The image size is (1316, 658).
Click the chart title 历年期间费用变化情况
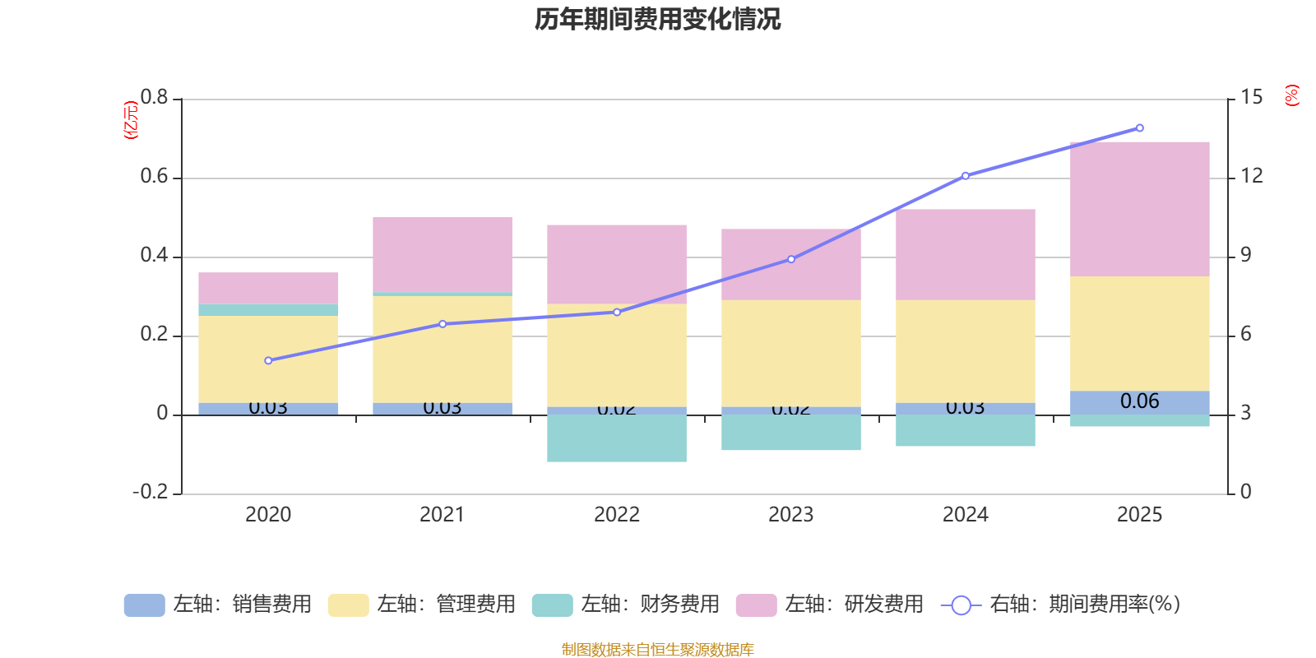657,19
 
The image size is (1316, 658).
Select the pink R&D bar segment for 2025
1139,208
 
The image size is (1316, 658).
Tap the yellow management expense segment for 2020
268,359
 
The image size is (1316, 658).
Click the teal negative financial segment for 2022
616,438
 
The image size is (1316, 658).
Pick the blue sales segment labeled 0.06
1139,402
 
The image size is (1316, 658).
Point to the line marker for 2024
966,176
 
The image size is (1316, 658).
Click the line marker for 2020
268,360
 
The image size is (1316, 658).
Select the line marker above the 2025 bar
1139,128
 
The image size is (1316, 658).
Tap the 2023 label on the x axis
790,515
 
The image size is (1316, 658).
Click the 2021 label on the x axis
442,515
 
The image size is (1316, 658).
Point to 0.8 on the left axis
154,98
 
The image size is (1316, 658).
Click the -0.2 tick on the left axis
150,492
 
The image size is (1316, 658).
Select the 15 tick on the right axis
1251,98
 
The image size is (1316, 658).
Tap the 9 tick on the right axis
1246,256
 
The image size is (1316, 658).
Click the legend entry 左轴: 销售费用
218,605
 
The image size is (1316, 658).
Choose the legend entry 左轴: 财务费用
626,605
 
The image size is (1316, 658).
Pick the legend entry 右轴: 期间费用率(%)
1061,605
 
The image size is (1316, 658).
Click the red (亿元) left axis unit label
130,120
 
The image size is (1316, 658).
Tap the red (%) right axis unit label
1291,95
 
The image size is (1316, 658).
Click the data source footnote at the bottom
657,650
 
